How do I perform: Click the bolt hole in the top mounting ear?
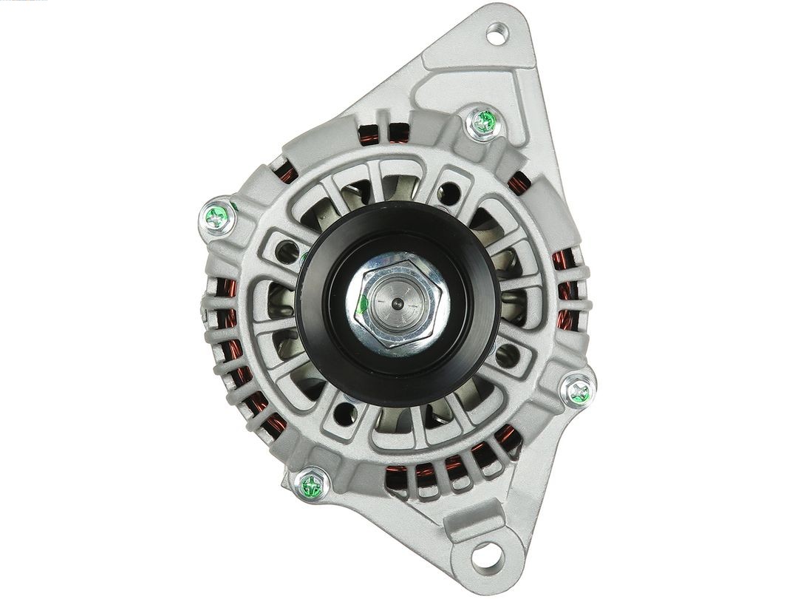point(496,33)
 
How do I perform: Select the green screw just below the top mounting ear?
point(484,122)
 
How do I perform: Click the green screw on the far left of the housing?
point(218,217)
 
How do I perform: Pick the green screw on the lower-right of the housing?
point(579,391)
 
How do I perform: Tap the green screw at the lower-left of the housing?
point(311,486)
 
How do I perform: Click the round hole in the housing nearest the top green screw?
point(448,194)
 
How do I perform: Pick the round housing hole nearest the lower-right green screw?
point(508,356)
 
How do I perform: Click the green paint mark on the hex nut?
point(364,302)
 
